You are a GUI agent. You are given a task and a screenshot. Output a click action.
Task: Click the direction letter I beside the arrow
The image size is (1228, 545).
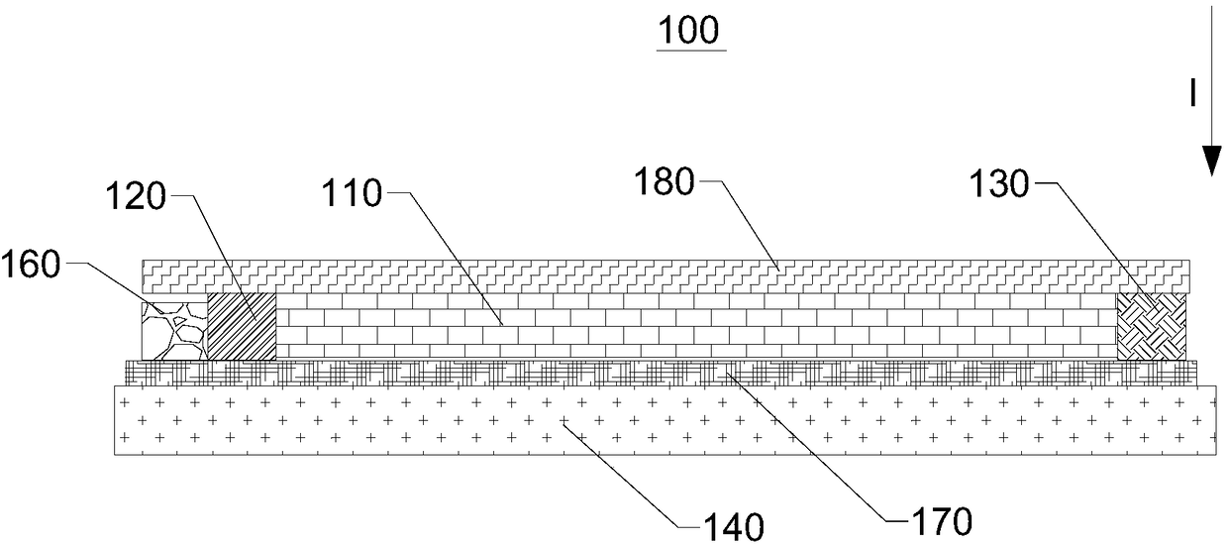pos(1193,94)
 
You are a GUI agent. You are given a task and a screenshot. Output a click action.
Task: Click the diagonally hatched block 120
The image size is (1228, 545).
pos(241,325)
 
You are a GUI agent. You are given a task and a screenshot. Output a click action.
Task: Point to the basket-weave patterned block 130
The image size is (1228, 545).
pos(1152,325)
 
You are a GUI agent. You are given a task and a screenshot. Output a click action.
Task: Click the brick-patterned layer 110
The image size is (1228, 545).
pos(693,325)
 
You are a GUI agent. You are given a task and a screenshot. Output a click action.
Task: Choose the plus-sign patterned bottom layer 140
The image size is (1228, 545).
pos(664,422)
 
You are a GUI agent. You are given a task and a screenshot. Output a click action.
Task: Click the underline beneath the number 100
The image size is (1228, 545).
pos(692,49)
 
